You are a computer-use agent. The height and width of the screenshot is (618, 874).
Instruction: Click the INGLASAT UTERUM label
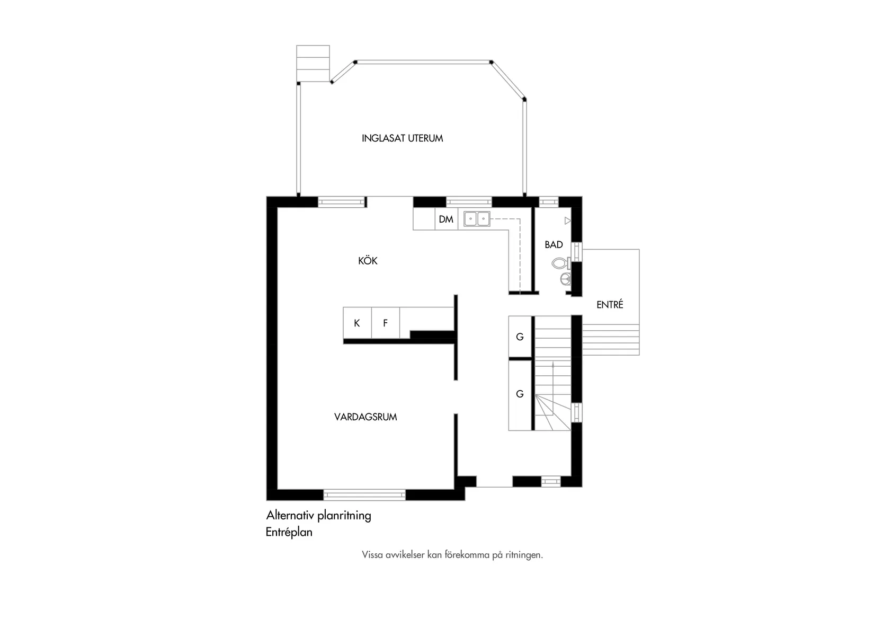pyautogui.click(x=402, y=138)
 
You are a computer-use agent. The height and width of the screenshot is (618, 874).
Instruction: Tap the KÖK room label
pyautogui.click(x=368, y=261)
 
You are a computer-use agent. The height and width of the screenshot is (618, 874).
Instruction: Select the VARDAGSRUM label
pyautogui.click(x=365, y=417)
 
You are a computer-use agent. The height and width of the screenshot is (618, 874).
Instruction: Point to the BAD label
pyautogui.click(x=554, y=245)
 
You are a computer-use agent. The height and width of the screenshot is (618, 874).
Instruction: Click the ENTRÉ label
pyautogui.click(x=610, y=305)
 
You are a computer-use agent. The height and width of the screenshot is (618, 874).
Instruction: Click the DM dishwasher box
pyautogui.click(x=446, y=219)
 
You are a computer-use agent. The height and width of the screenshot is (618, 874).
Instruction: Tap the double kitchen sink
pyautogui.click(x=477, y=218)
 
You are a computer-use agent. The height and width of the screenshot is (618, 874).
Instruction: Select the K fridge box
pyautogui.click(x=357, y=323)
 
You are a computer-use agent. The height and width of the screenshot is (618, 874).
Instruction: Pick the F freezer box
pyautogui.click(x=386, y=323)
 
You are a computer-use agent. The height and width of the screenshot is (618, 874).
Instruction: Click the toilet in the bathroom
pyautogui.click(x=560, y=263)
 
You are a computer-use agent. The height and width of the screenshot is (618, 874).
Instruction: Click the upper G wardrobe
pyautogui.click(x=520, y=337)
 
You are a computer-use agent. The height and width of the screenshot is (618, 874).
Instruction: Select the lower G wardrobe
pyautogui.click(x=520, y=394)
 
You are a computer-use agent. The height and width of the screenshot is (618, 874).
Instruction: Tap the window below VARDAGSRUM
pyautogui.click(x=364, y=495)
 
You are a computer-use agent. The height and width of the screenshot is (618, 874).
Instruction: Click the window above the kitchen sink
pyautogui.click(x=469, y=202)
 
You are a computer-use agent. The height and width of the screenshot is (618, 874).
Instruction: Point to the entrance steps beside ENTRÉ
pyautogui.click(x=611, y=340)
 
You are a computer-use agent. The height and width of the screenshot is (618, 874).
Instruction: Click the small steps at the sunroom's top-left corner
pyautogui.click(x=313, y=63)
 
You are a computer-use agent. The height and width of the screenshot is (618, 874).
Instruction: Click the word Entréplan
pyautogui.click(x=289, y=532)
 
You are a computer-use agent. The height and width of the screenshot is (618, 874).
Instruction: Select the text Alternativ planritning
pyautogui.click(x=318, y=515)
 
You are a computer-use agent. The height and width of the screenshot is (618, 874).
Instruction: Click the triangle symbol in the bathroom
pyautogui.click(x=568, y=220)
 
